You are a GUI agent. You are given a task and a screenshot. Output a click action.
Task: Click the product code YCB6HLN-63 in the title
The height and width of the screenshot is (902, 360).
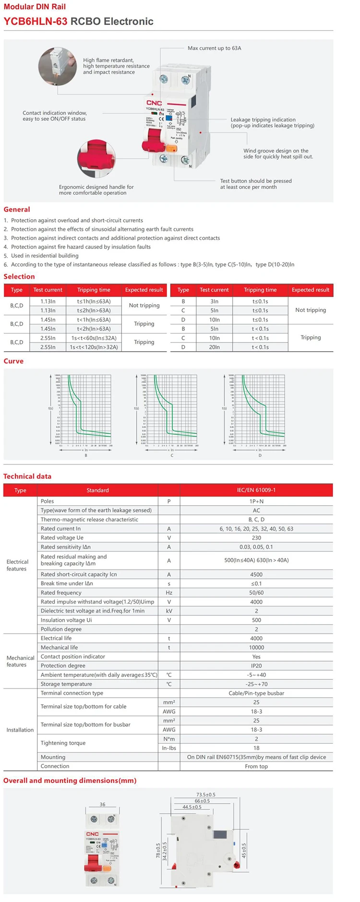pos(36,21)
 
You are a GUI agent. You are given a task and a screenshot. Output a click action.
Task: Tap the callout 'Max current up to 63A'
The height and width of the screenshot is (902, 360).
pos(214,48)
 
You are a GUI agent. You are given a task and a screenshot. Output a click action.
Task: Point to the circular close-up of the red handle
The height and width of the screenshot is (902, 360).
pos(96,159)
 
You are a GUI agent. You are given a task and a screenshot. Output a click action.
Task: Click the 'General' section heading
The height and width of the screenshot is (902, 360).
pos(17,209)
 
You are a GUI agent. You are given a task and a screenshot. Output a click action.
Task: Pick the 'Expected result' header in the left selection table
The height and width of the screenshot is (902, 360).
pos(144,290)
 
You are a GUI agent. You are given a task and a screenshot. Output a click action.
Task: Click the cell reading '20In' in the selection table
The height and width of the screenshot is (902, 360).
pos(214,347)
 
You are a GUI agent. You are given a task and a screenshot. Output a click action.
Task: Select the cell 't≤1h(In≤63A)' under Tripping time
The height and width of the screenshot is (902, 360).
pos(94,301)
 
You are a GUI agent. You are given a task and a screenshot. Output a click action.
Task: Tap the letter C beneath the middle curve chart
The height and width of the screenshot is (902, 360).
pos(172,455)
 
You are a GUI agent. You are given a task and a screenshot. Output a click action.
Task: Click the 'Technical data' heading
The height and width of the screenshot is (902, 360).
pos(27,476)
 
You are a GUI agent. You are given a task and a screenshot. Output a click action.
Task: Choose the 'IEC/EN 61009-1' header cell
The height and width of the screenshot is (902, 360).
pos(256,490)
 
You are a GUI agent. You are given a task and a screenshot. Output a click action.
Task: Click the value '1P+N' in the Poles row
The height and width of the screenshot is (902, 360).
pos(256,501)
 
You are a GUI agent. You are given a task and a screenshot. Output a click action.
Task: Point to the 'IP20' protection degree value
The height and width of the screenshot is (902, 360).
pos(256,665)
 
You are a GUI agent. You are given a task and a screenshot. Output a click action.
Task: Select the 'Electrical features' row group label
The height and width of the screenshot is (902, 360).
pos(17,565)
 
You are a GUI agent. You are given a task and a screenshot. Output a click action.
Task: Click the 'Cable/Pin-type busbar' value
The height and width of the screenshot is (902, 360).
pos(256,693)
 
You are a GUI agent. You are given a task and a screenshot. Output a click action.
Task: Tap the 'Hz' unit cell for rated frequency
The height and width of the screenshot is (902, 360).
pos(169,593)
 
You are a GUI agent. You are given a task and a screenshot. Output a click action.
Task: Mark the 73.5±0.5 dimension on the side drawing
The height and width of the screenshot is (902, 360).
pos(206,795)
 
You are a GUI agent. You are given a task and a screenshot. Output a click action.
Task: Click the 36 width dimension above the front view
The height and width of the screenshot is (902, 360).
pos(102,805)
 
